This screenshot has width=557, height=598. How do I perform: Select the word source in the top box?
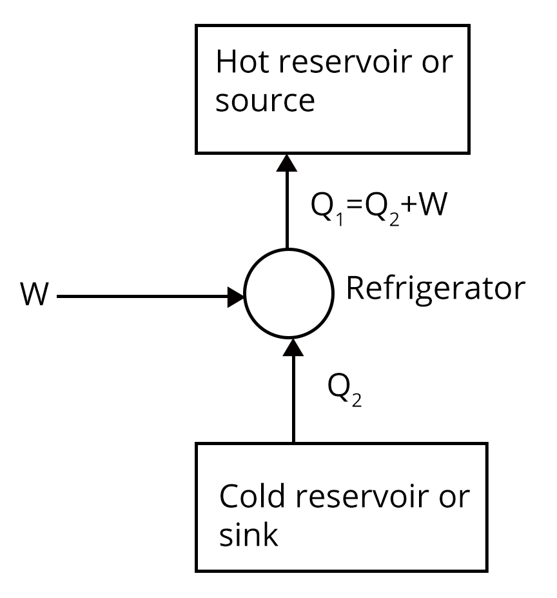265,102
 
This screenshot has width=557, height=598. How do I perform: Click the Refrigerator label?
436,290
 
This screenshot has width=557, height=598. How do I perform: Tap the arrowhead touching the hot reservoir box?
287,162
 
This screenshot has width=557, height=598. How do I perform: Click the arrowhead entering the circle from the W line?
237,297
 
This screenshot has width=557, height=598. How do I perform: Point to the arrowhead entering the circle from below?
294,346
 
